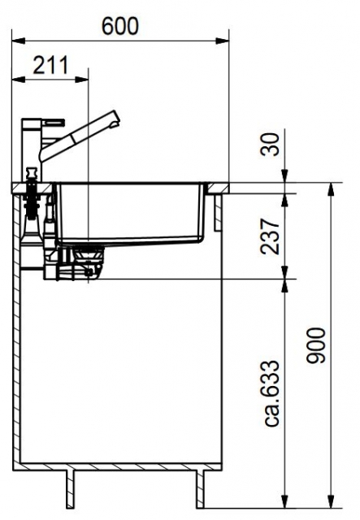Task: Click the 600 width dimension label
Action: click(119, 26)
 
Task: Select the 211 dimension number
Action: click(50, 65)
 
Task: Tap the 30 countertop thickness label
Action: click(270, 145)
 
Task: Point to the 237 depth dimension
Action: click(270, 236)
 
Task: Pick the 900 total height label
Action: click(316, 345)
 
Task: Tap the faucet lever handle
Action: click(53, 121)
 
